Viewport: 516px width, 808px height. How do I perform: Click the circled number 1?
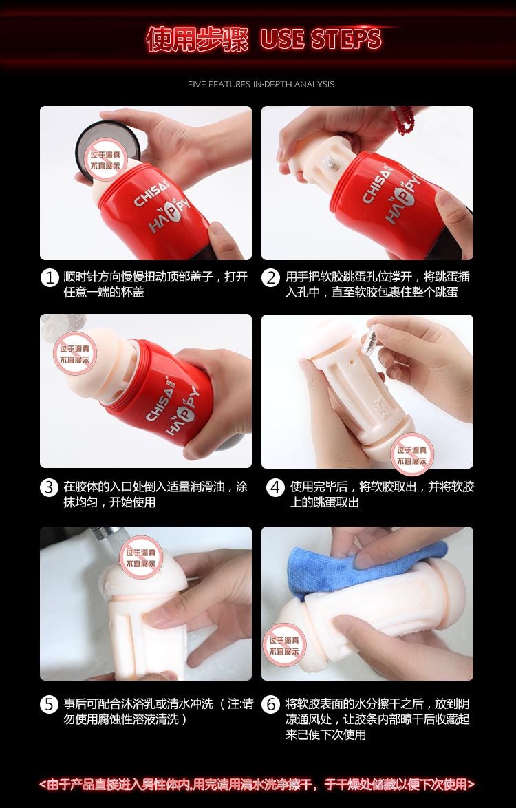pos(50,277)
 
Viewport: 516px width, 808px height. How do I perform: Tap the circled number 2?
pos(271,277)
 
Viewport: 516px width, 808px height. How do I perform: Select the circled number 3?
pos(50,487)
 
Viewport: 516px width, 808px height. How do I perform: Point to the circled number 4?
pos(275,487)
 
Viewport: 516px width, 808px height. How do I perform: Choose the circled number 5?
pos(50,705)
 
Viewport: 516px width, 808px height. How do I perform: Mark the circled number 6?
pos(271,705)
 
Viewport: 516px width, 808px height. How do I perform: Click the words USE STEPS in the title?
pos(321,39)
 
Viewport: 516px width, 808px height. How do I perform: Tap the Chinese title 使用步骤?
pos(197,39)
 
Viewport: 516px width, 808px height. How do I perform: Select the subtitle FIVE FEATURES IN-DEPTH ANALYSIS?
pos(261,84)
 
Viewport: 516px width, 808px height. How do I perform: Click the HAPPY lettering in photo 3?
pos(183,412)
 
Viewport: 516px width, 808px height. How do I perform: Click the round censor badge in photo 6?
pos(283,645)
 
